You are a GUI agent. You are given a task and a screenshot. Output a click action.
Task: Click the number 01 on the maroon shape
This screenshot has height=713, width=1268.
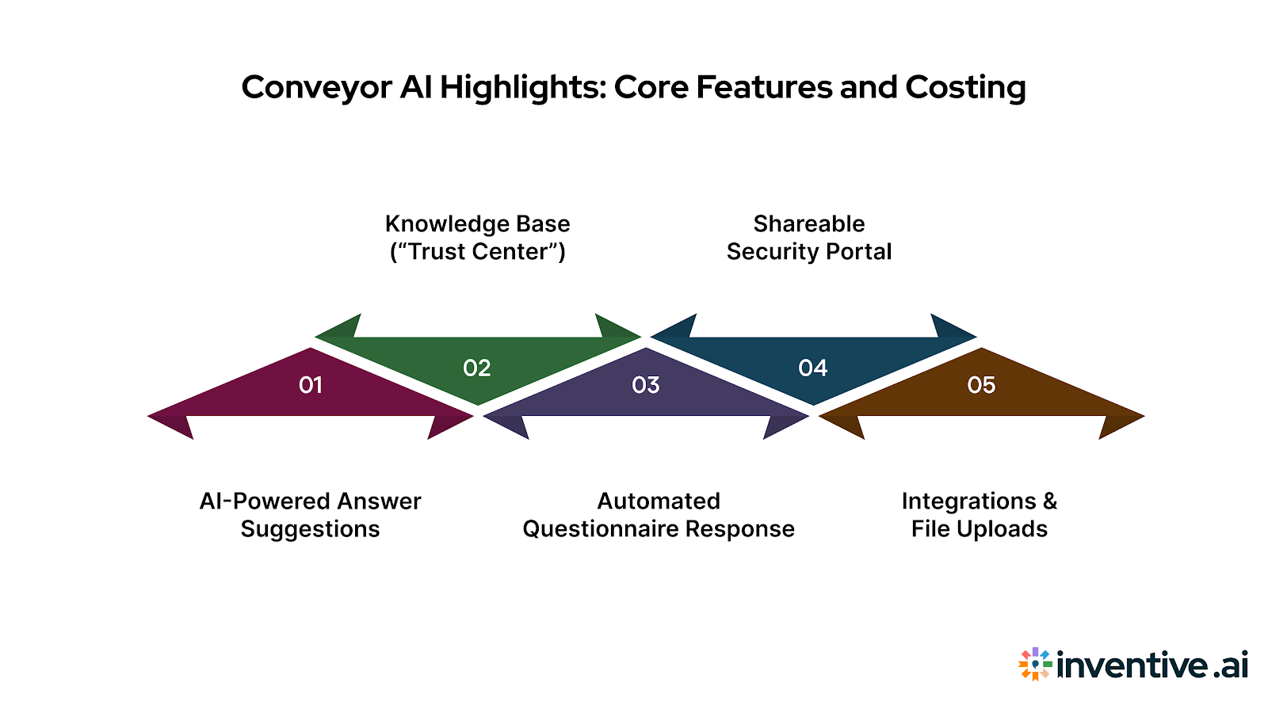coord(311,385)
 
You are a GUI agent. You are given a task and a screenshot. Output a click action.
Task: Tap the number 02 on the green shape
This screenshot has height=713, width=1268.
coord(477,368)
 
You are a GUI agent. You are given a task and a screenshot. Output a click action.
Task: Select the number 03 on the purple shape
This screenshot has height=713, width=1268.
coord(646,385)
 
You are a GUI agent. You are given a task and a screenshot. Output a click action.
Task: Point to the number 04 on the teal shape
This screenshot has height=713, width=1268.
coord(813,368)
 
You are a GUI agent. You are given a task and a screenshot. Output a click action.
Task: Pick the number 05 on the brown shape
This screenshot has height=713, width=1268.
coord(981,385)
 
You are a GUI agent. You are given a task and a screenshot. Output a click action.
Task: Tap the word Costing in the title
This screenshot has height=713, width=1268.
coord(965,87)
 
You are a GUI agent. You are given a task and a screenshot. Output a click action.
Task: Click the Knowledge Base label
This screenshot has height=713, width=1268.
coord(477,223)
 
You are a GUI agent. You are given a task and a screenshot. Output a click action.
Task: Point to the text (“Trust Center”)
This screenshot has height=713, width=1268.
coord(477,252)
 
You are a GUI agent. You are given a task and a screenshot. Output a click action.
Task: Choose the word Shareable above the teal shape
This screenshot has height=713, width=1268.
coord(809,223)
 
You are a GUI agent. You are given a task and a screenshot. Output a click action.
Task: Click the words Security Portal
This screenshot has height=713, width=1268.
coord(809,252)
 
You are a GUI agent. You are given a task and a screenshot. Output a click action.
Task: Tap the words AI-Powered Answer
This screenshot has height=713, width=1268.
coord(310,501)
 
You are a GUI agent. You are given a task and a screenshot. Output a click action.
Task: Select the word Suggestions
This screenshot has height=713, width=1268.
coord(310,529)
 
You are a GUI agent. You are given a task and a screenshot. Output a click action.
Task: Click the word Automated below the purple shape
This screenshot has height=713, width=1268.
coord(659,501)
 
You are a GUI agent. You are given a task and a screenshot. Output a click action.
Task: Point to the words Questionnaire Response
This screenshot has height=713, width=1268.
coord(659,529)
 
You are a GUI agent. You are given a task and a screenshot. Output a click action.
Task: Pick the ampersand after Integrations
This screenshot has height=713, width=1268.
coord(1050,501)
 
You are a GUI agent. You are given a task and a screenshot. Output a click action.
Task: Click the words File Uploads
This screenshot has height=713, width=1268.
coord(980,529)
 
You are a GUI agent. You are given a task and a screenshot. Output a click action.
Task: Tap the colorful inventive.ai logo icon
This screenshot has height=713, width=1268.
coord(1035,664)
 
